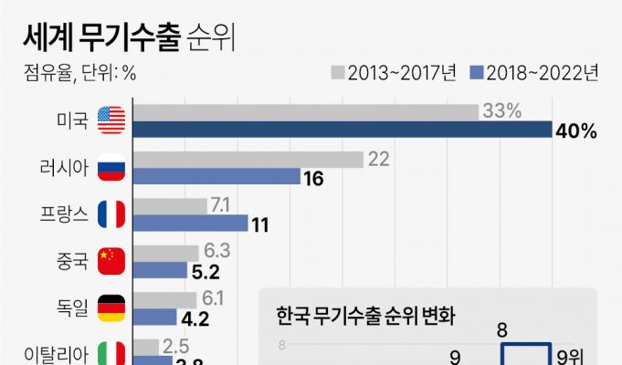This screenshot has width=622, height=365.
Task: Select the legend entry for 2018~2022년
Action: pos(534,72)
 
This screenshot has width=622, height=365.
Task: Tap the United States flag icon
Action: pos(111,120)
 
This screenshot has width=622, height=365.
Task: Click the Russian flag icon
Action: pos(111,167)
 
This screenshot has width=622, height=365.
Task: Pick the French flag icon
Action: pos(111,214)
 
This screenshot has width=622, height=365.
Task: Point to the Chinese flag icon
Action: pos(111,261)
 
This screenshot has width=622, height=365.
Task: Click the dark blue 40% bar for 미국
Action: pos(343,130)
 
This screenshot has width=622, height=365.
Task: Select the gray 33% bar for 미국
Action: pos(306,111)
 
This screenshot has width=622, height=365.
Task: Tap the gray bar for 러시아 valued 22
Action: pos(248,159)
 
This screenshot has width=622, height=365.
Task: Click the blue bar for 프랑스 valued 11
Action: pos(190,224)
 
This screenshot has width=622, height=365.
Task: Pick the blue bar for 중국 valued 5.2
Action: pos(161,271)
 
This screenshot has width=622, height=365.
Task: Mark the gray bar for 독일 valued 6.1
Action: pos(165,298)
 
